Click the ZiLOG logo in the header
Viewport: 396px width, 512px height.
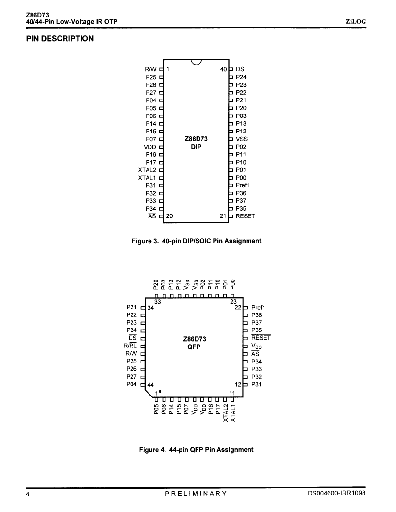(356, 22)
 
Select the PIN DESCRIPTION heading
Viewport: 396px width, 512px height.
(60, 39)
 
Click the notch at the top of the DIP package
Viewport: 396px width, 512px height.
(196, 62)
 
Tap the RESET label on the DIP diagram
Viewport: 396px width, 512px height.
(245, 216)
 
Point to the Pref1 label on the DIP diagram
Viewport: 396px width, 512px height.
(243, 185)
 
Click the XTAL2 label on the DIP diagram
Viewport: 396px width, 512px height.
(147, 170)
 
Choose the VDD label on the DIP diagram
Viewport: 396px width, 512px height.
(150, 147)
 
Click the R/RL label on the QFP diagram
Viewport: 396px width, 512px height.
(130, 346)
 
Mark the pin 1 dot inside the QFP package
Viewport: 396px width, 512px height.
(160, 391)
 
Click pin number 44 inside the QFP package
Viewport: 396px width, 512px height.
(150, 385)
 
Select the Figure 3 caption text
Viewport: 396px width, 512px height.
(197, 241)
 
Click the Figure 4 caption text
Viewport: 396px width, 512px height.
(196, 450)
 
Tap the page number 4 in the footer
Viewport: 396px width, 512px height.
(28, 494)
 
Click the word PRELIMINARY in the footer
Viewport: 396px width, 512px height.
(196, 494)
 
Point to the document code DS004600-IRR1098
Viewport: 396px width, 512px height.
(337, 493)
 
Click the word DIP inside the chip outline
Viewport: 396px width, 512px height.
(196, 147)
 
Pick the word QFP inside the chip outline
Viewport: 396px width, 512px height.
(194, 347)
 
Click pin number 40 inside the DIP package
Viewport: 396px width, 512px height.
(223, 69)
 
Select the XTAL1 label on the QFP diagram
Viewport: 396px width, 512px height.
(233, 413)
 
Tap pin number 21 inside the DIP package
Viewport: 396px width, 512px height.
(223, 216)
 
